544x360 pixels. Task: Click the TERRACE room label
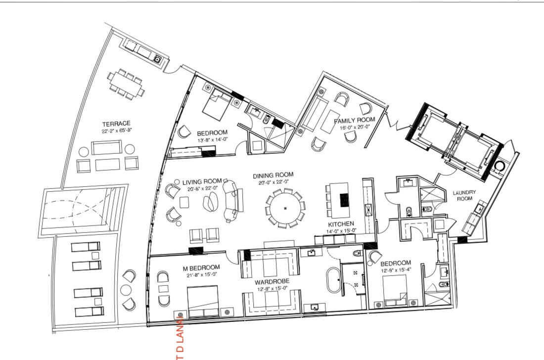pyautogui.click(x=116, y=124)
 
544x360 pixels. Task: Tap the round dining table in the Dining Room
pyautogui.click(x=285, y=208)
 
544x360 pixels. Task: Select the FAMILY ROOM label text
pyautogui.click(x=354, y=120)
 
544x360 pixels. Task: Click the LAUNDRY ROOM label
pyautogui.click(x=464, y=195)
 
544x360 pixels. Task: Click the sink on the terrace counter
pyautogui.click(x=158, y=59)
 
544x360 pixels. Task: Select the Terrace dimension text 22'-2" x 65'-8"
pyautogui.click(x=116, y=131)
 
